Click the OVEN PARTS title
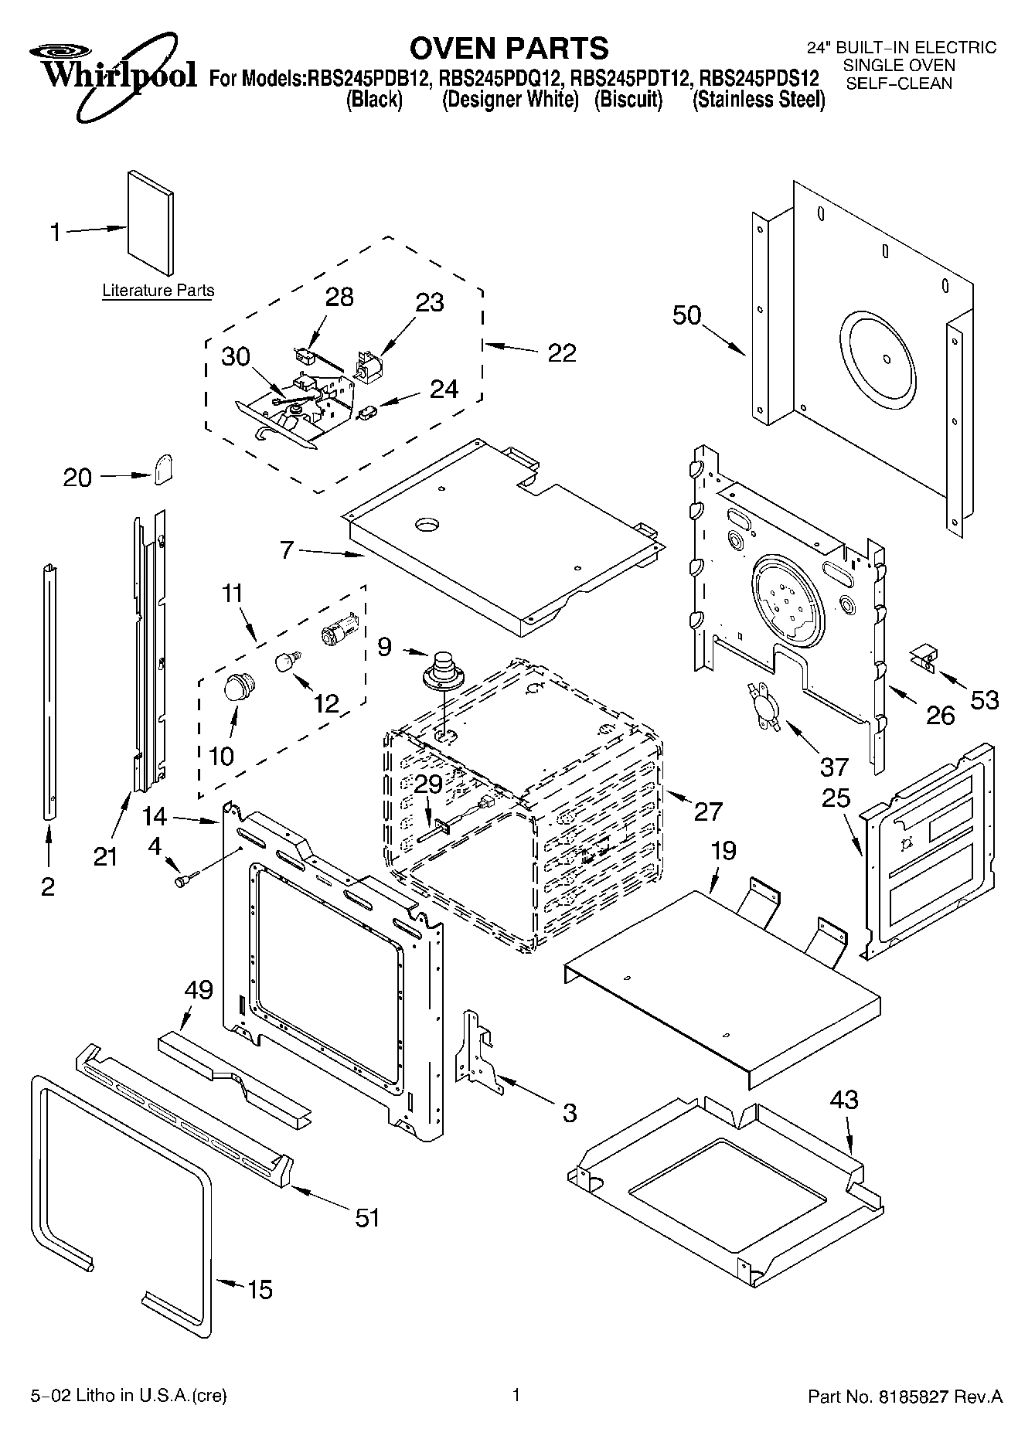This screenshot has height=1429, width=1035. point(509,48)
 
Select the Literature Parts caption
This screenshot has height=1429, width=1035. point(158,291)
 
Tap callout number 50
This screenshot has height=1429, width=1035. point(686,315)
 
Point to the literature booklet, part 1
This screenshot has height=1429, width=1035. point(151,223)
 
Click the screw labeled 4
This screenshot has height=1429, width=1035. point(186,878)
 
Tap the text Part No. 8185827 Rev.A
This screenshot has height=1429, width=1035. point(904,1397)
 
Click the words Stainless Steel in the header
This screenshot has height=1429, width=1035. point(758,100)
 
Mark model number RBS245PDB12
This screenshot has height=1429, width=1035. point(369,79)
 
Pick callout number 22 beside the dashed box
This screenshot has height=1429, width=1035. point(562,352)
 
